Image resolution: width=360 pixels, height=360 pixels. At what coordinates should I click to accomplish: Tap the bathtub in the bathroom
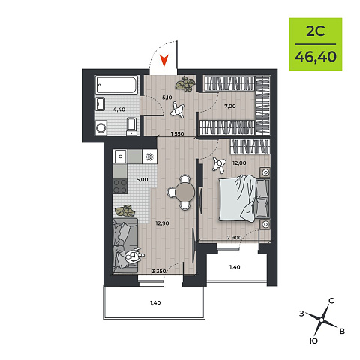point(116,85)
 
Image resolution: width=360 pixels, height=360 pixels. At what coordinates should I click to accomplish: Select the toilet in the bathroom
point(132,126)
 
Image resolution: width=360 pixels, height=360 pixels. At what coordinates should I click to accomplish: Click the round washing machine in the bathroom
point(101,128)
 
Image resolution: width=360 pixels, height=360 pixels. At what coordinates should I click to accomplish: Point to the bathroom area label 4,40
point(118,109)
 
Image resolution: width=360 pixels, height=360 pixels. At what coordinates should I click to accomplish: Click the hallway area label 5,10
point(166,97)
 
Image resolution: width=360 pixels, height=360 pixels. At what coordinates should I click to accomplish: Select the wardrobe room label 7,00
point(230,106)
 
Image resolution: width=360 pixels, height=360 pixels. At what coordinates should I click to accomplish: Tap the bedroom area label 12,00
point(239,163)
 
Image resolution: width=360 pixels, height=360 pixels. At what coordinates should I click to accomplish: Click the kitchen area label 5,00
point(142,179)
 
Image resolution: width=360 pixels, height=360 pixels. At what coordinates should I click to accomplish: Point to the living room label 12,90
point(162,223)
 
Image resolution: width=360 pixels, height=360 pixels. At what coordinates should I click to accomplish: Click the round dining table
point(185,192)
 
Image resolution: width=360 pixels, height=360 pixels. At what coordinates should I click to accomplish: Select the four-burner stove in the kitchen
point(120,187)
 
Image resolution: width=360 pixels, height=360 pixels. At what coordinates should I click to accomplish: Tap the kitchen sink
point(121,157)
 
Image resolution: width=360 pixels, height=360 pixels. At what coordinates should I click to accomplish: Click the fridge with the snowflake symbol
point(149,157)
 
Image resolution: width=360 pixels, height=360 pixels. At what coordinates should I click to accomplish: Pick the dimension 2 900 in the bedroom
point(234,237)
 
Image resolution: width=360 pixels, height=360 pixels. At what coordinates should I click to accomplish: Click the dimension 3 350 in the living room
point(159,271)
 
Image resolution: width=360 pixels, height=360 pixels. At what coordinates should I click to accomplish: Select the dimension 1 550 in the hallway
point(177,134)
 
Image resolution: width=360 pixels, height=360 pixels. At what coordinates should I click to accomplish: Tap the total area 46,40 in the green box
point(316,57)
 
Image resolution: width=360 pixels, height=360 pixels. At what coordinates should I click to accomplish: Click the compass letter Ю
point(313,340)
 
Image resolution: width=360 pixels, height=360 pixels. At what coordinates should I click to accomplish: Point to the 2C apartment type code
point(316,31)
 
